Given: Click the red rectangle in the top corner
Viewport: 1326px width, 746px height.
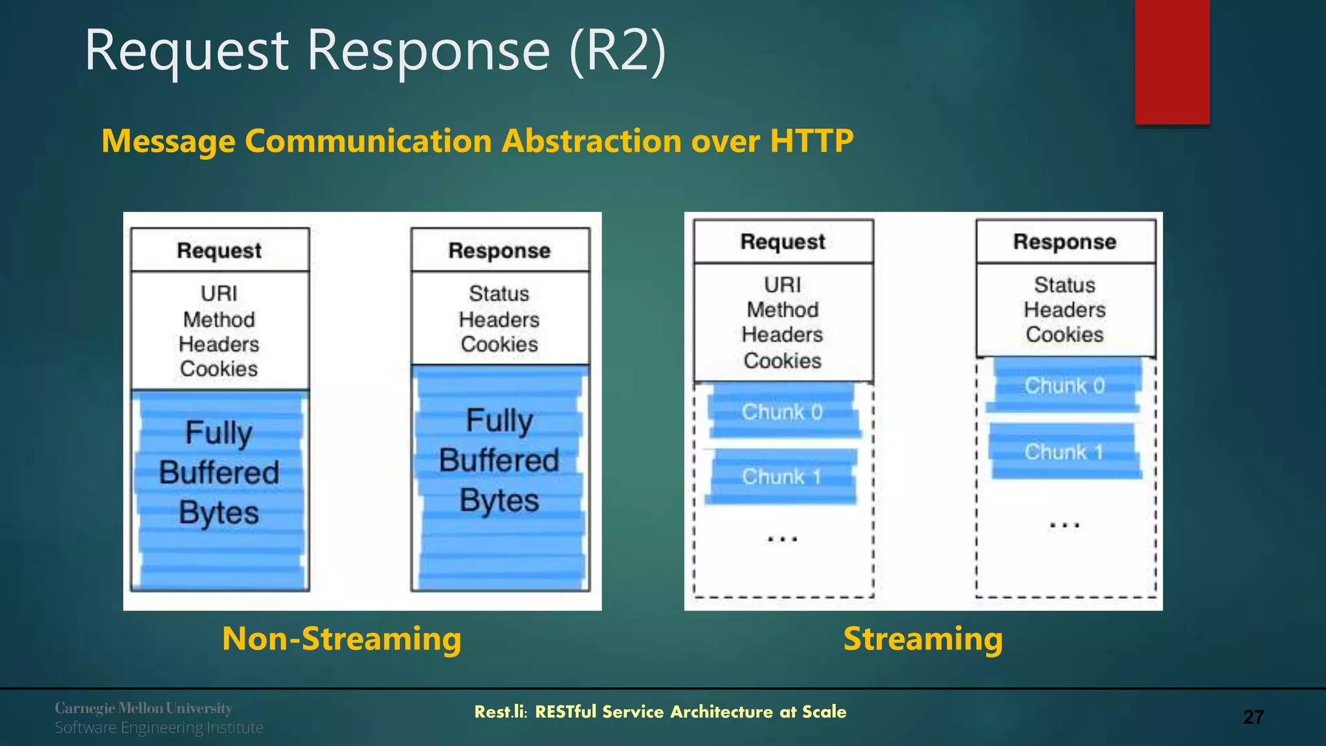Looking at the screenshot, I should coord(1172,62).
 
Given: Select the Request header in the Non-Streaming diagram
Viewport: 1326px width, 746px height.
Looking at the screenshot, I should coord(219,251).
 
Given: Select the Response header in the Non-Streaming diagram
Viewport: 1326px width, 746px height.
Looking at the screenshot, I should coord(499,251).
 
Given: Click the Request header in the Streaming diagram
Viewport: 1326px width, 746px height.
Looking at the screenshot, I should coord(783,242).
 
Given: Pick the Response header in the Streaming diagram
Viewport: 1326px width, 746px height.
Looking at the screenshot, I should coord(1064,242).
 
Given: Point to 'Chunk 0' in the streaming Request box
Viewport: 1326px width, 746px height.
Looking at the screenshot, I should coord(782,412).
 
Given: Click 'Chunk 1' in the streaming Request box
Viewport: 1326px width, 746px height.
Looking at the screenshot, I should coord(781,477).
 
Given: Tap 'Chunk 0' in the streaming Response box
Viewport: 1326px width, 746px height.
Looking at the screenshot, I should coord(1064,386).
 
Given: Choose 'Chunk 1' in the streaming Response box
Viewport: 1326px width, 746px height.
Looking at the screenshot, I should coord(1063,452).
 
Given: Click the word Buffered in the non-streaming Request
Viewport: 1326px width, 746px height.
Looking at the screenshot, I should coord(219,472).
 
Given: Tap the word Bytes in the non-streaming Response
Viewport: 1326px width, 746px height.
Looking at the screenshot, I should coord(499,501).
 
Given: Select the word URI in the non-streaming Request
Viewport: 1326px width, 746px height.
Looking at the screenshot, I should coord(219,293).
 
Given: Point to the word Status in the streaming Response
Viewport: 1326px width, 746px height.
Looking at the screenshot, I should coord(1064,285).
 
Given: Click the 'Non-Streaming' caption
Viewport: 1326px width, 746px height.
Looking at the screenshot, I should coord(342,639).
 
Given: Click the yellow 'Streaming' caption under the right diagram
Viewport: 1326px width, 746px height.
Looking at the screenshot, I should coord(923,639).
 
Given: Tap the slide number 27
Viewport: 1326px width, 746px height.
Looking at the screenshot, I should coord(1253,717).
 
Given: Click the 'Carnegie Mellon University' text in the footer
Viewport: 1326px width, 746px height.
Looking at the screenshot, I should coord(143,708).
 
